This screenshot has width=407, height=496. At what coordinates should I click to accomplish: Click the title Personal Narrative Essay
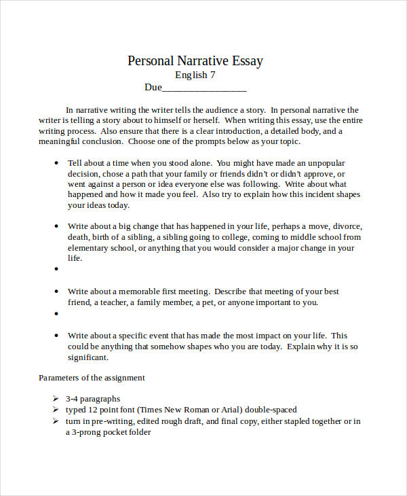point(195,61)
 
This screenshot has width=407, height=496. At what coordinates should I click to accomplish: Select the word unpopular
point(326,163)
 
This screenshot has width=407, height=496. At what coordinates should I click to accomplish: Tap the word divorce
point(347,226)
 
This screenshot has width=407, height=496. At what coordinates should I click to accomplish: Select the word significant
point(87,357)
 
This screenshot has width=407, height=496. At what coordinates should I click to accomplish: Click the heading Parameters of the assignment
point(92,378)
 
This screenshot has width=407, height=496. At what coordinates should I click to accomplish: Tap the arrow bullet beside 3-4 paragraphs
point(56,399)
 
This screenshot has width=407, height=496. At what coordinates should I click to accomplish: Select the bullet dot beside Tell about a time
point(56,163)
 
